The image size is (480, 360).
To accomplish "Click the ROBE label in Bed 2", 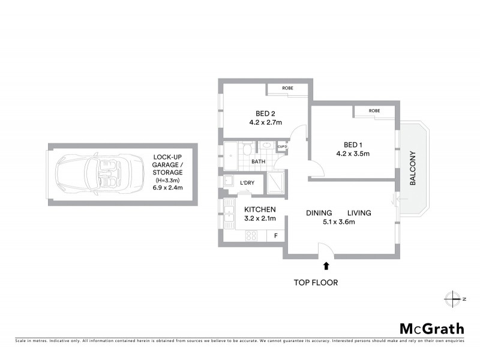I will pos(288,88).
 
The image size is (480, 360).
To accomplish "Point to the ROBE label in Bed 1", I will pos(374,111).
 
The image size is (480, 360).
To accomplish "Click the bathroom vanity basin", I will pos(265,145).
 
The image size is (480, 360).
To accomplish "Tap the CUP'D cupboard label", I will pos(282,146).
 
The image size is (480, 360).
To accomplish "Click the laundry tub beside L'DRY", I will pos(229,182).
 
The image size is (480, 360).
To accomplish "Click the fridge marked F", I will pos(275,236).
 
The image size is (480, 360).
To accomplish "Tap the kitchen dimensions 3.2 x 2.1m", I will pos(260,218).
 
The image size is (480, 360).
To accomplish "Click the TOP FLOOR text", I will pos(315,282).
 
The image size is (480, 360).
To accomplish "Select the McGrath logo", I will pos(431,328).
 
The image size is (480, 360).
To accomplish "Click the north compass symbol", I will pos(452,298).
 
